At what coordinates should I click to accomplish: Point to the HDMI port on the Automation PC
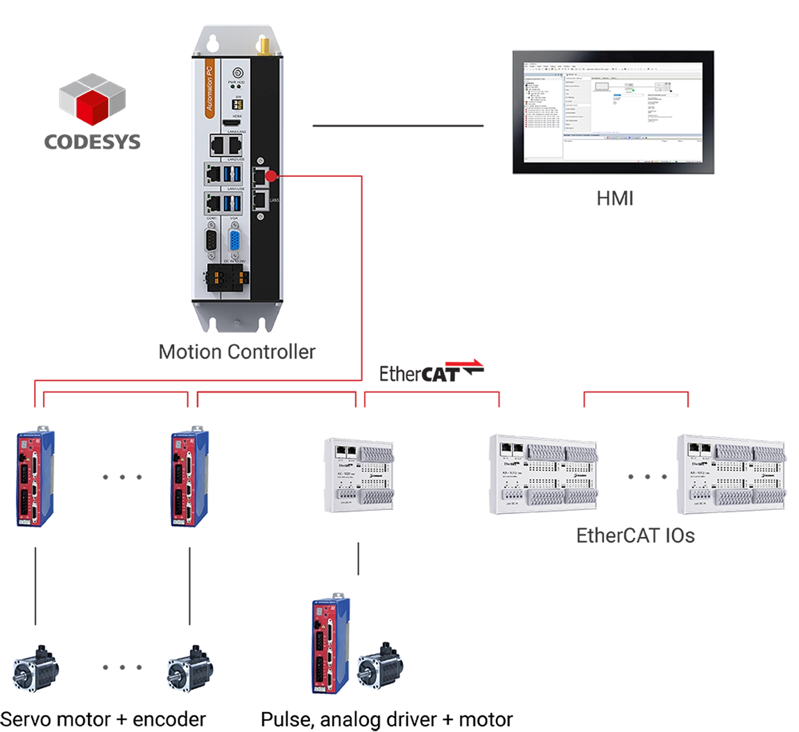pos(229,123)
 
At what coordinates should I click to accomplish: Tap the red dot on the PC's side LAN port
pos(271,176)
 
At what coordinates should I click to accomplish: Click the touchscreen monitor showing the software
pos(612,111)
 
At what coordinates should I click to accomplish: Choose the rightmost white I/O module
pos(736,476)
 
